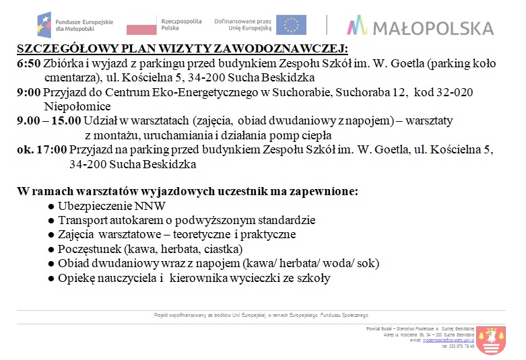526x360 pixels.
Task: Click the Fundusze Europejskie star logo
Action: (46, 25)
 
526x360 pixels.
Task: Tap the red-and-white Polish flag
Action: (141, 26)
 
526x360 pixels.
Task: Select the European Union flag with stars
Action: (291, 25)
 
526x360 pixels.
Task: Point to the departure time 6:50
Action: (28, 64)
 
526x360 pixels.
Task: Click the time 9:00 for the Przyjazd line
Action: (28, 93)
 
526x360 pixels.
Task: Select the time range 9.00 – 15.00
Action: (48, 121)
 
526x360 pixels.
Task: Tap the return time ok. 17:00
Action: (42, 150)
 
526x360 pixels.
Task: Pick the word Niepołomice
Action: (77, 106)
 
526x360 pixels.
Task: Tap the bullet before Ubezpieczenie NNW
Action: (51, 206)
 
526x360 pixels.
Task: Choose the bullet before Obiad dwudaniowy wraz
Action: (51, 263)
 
